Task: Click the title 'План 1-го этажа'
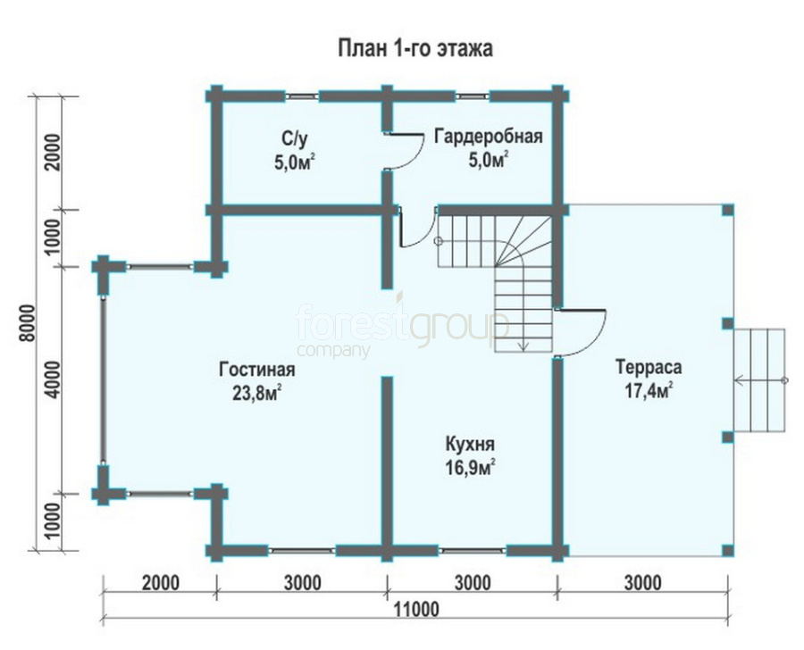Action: coord(415,48)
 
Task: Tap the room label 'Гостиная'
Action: coord(257,369)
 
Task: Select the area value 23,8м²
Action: coord(257,393)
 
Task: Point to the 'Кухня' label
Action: coord(470,444)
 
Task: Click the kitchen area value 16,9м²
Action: coord(470,467)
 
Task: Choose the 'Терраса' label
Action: coord(649,367)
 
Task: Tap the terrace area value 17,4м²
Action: coord(649,390)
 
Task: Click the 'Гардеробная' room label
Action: coord(489,137)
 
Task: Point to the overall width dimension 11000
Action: coord(416,610)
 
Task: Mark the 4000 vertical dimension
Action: coord(53,379)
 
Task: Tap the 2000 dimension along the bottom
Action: coord(161,583)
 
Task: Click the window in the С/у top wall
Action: coord(302,96)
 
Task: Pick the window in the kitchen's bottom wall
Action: coord(473,551)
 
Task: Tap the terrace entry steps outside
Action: coord(759,379)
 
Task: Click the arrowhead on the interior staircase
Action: coord(523,346)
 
